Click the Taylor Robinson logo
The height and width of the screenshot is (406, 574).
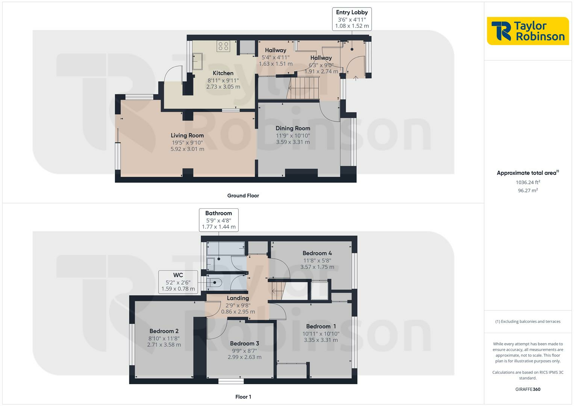coord(528,31)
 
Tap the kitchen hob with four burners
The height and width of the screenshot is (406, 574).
coord(223,46)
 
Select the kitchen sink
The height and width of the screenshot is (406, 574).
coord(198,61)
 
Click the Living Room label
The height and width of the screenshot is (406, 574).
coord(187,135)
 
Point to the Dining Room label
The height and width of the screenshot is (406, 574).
coord(293,128)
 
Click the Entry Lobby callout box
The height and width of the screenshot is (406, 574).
coord(352,19)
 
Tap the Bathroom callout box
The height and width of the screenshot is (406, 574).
coord(218,220)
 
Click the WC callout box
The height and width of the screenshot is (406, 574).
coord(178,282)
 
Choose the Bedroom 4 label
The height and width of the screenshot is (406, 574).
coord(317,253)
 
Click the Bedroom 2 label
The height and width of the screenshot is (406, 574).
coord(164,331)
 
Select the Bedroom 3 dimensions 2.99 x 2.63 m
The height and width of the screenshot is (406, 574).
coord(244,357)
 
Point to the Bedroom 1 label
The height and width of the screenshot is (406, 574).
coord(321,326)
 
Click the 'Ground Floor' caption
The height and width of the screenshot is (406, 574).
coord(243,195)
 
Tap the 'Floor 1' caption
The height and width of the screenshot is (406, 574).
coord(243,397)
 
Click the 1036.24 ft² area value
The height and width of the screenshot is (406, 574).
coord(528,182)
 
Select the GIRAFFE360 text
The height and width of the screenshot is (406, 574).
coord(528,389)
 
